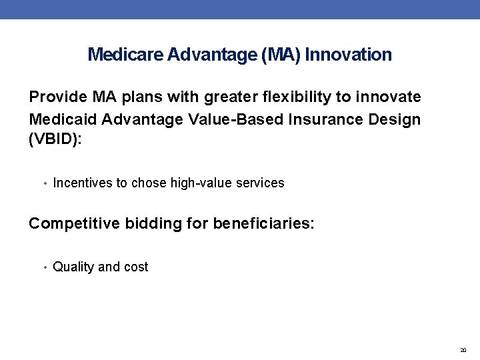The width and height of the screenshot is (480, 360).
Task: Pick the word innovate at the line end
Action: [390, 97]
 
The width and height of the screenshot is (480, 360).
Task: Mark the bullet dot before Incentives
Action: [45, 183]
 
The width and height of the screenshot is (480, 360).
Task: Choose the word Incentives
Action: [82, 183]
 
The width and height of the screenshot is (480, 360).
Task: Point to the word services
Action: [261, 183]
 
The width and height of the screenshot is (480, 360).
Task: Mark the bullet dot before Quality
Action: [45, 267]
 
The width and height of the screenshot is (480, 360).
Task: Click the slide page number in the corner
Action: [463, 349]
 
